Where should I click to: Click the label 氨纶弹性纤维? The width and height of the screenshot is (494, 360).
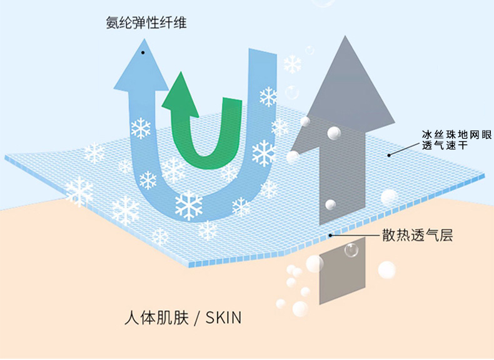[x=146, y=24]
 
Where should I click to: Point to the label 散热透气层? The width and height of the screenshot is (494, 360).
[x=417, y=236]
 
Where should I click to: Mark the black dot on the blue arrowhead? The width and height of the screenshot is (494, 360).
[x=143, y=52]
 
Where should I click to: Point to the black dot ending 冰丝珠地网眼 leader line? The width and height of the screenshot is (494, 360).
[x=388, y=154]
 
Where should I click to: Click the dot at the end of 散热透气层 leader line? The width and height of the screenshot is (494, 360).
[x=331, y=236]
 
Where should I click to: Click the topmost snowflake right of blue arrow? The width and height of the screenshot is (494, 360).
[x=292, y=64]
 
